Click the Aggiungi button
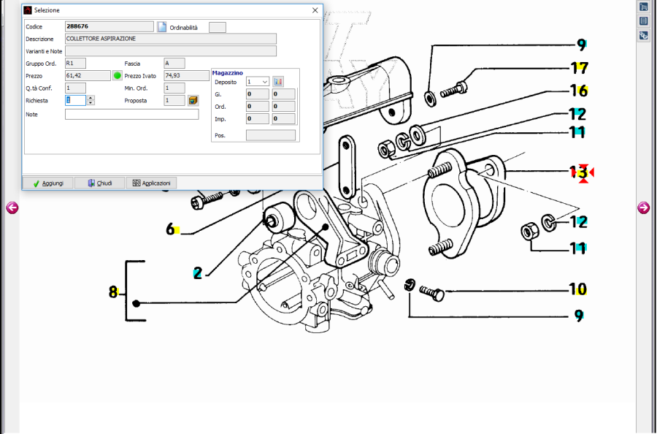coord(48,183)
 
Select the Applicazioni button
coord(151,183)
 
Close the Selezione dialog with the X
coord(315,10)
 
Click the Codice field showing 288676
coord(109,26)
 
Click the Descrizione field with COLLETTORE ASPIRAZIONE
coord(171,39)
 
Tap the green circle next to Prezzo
coord(118,76)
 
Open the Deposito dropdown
coord(257,82)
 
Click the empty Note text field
coord(132,114)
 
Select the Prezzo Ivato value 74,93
coord(186,76)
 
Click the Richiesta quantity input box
coord(76,100)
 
